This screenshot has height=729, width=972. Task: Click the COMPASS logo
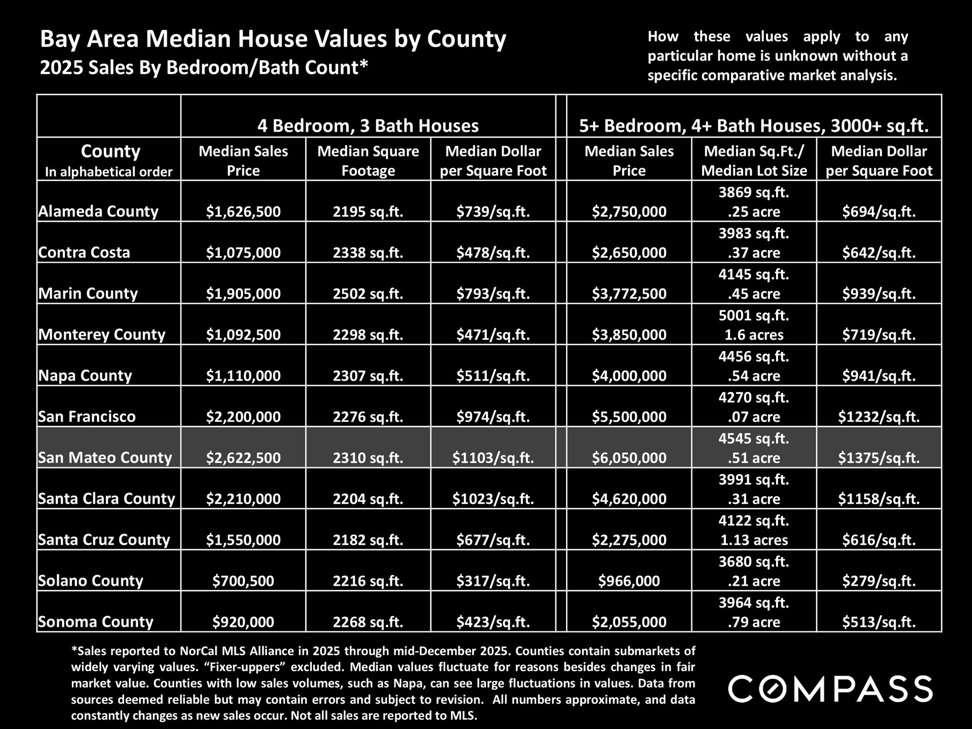(x=830, y=688)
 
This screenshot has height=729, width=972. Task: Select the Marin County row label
(x=88, y=294)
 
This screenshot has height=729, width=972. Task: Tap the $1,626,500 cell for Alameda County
(x=243, y=212)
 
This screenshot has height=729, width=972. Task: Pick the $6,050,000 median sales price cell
(x=629, y=458)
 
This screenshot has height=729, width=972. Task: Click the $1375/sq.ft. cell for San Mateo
(x=879, y=458)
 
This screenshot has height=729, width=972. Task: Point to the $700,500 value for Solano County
(x=243, y=581)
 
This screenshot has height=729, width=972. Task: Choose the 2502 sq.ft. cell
(x=368, y=294)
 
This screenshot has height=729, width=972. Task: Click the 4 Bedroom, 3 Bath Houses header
(x=368, y=126)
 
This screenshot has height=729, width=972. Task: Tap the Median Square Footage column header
(x=368, y=160)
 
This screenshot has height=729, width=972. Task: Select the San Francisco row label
(x=87, y=417)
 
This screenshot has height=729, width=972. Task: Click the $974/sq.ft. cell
(x=493, y=417)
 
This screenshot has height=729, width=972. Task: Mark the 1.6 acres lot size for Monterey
(x=754, y=335)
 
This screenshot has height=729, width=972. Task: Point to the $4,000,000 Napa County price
(x=629, y=376)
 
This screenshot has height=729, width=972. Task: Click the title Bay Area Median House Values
(x=273, y=39)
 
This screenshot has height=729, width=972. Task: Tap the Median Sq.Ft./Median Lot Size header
(x=754, y=160)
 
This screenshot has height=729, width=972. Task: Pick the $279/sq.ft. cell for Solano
(x=879, y=581)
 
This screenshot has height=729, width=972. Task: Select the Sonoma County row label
(x=96, y=622)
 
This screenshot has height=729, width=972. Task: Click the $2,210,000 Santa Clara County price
(x=243, y=499)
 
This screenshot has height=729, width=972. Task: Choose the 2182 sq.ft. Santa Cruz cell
(x=368, y=540)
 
